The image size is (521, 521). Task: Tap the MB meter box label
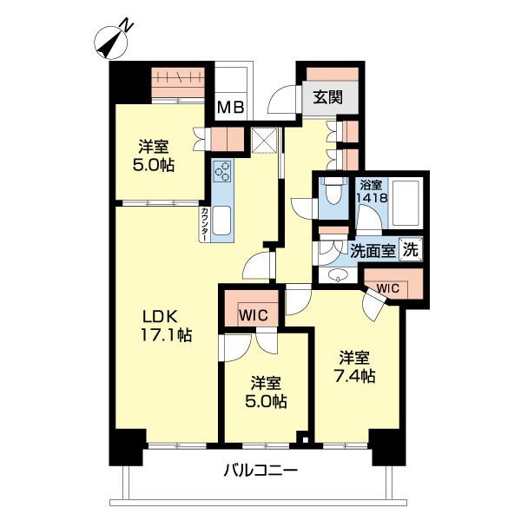pyautogui.click(x=231, y=108)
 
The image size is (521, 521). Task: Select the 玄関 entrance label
pyautogui.click(x=328, y=97)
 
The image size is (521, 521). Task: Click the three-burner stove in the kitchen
pyautogui.click(x=222, y=171)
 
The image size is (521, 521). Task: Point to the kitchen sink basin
pyautogui.click(x=221, y=221)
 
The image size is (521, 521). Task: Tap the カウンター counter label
pyautogui.click(x=205, y=224)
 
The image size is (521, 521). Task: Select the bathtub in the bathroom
pyautogui.click(x=406, y=203)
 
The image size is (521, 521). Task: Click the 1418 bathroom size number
pyautogui.click(x=373, y=198)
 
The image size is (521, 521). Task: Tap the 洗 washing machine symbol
pyautogui.click(x=411, y=249)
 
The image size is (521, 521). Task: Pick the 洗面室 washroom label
pyautogui.click(x=373, y=251)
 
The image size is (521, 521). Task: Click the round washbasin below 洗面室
pyautogui.click(x=338, y=274)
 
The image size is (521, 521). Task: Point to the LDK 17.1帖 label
pyautogui.click(x=166, y=326)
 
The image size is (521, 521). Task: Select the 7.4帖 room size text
pyautogui.click(x=355, y=377)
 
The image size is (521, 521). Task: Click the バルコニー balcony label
pyautogui.click(x=260, y=471)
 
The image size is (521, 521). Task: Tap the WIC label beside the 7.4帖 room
pyautogui.click(x=387, y=288)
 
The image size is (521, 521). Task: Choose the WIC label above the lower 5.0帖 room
pyautogui.click(x=254, y=315)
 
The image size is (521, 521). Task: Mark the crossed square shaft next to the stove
pyautogui.click(x=264, y=140)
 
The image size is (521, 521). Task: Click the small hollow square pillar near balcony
pyautogui.click(x=303, y=439)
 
